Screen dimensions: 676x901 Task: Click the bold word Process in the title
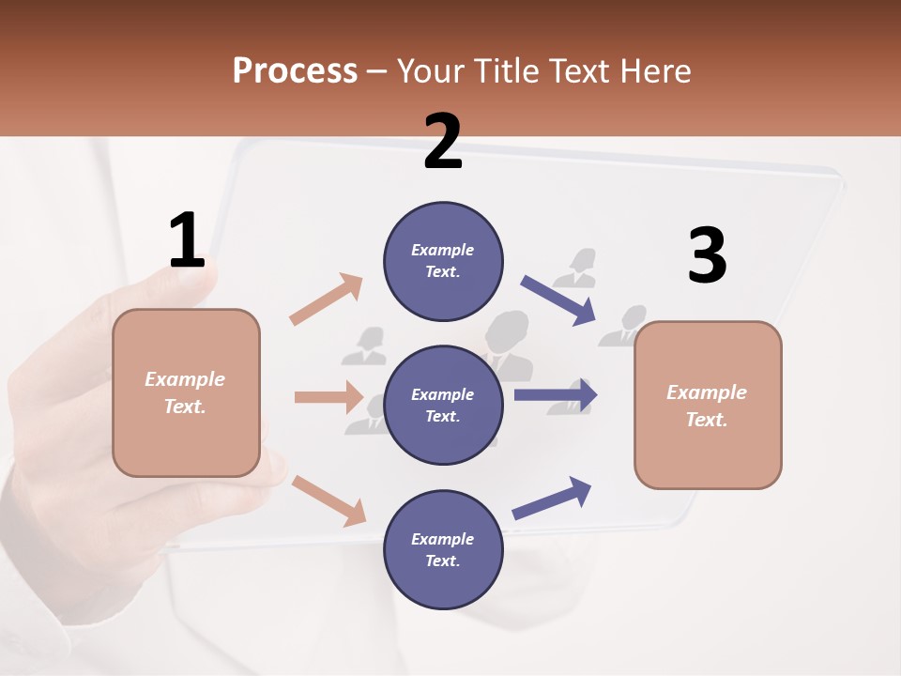pyautogui.click(x=295, y=70)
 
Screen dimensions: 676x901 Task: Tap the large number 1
pyautogui.click(x=187, y=240)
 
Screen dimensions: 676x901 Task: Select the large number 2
pyautogui.click(x=443, y=142)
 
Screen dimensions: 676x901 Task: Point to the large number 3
pyautogui.click(x=707, y=255)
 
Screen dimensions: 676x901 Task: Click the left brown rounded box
pyautogui.click(x=186, y=392)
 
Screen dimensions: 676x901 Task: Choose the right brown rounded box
pyautogui.click(x=708, y=405)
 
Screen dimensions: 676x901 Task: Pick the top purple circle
pyautogui.click(x=443, y=261)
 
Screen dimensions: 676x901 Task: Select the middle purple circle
pyautogui.click(x=443, y=405)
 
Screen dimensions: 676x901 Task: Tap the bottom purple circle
pyautogui.click(x=443, y=549)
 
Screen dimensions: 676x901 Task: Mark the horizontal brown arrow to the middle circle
pyautogui.click(x=328, y=397)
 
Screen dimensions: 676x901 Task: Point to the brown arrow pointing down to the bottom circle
pyautogui.click(x=328, y=500)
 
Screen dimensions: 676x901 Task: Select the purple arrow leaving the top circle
pyautogui.click(x=558, y=300)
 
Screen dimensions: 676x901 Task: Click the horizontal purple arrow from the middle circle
pyautogui.click(x=556, y=394)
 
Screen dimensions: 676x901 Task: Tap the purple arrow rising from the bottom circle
pyautogui.click(x=552, y=498)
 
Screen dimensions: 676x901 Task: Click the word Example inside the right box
pyautogui.click(x=707, y=392)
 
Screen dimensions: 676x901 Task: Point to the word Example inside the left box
pyautogui.click(x=185, y=379)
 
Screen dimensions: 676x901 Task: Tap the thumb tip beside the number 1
pyautogui.click(x=202, y=277)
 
